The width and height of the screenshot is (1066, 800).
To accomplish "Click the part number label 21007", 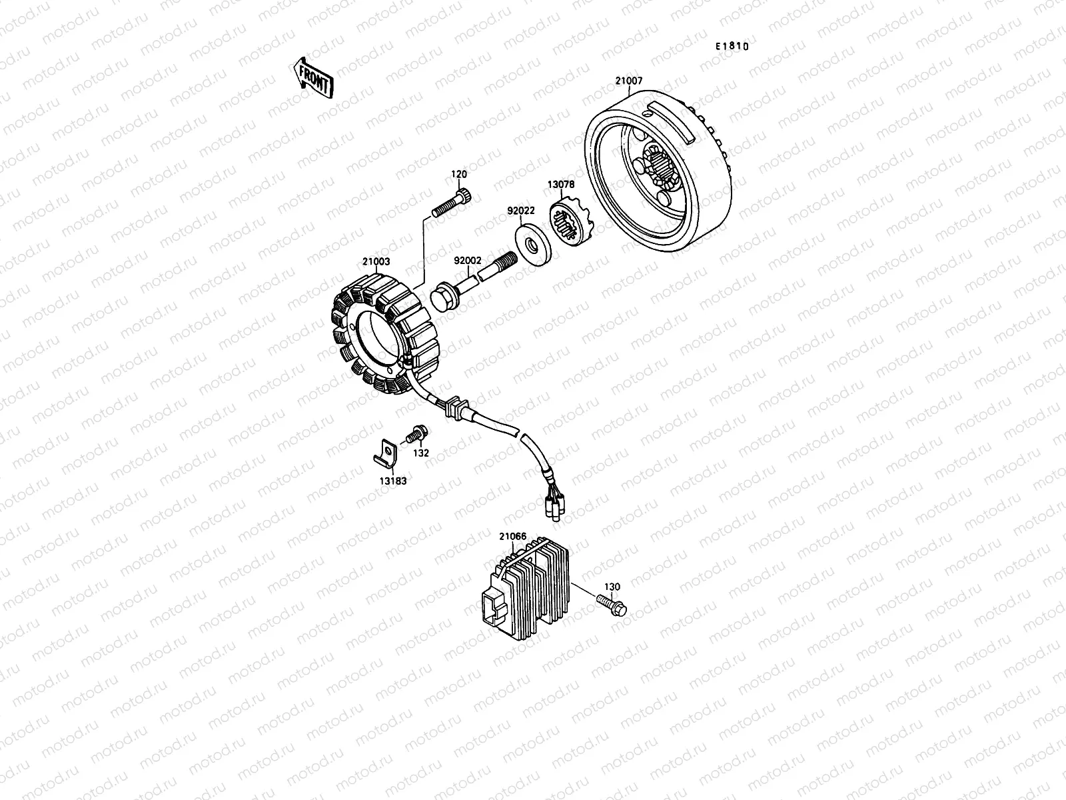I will (628, 81).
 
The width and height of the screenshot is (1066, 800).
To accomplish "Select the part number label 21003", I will (376, 262).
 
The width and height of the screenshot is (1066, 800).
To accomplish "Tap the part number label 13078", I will (561, 184).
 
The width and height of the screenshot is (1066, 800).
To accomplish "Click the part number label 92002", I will (468, 262).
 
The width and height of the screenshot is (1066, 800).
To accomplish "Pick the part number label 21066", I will (512, 535).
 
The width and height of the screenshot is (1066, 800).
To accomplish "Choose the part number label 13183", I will (394, 480).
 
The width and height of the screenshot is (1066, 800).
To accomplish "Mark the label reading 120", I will (459, 175).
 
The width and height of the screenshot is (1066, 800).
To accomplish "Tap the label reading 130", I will (612, 587).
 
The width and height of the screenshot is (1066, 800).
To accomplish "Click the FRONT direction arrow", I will (312, 76).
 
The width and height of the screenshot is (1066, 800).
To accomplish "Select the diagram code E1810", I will (732, 47).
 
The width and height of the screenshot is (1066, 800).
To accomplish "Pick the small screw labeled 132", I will (415, 434).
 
